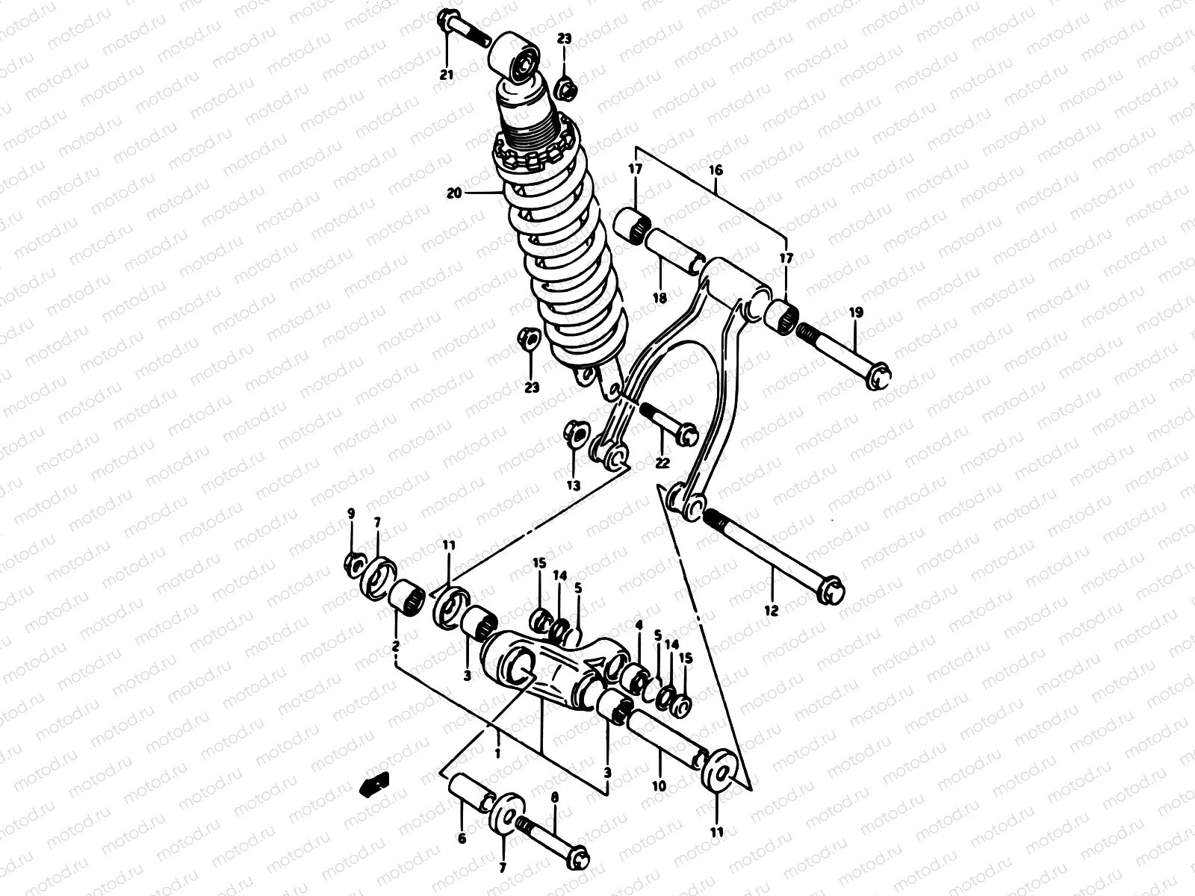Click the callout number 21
point(446,75)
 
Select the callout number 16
point(716,170)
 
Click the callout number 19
point(856,313)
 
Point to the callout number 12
point(771,610)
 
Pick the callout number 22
point(662,463)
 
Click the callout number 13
point(573,485)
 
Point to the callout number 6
point(462,839)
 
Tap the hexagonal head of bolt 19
point(880,374)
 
